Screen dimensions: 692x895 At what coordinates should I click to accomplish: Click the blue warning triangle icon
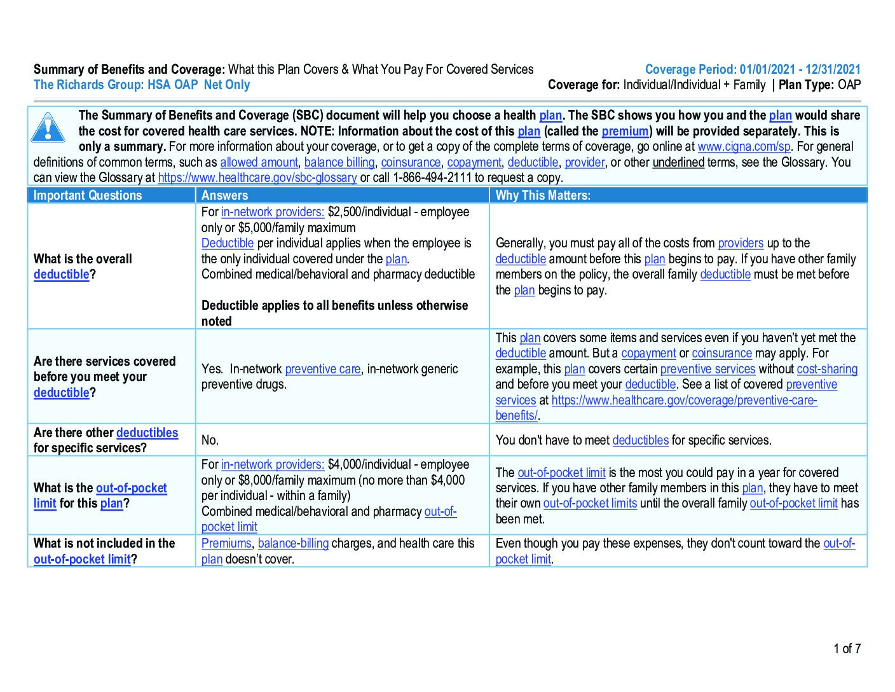pyautogui.click(x=48, y=127)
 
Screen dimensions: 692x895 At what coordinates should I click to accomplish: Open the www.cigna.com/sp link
pyautogui.click(x=744, y=147)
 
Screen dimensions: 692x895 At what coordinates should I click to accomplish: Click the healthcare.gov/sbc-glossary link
pyautogui.click(x=257, y=178)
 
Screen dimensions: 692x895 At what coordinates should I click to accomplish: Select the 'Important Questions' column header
pyautogui.click(x=88, y=195)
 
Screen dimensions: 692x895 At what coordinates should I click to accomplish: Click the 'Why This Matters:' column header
pyautogui.click(x=543, y=195)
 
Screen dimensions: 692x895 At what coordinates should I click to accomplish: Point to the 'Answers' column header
pyautogui.click(x=224, y=195)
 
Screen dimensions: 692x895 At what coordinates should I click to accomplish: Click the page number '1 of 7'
pyautogui.click(x=847, y=649)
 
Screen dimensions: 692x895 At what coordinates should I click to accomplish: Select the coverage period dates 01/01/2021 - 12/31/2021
pyautogui.click(x=800, y=70)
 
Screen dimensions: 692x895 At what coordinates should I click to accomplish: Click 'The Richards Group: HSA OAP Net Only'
pyautogui.click(x=142, y=85)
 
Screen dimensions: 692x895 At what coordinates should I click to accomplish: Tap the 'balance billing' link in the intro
pyautogui.click(x=339, y=163)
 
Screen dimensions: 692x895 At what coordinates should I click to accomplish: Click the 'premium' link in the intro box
pyautogui.click(x=625, y=132)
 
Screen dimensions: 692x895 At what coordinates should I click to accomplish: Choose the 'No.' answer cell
pyautogui.click(x=210, y=440)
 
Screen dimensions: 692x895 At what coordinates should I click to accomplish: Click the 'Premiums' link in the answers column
pyautogui.click(x=226, y=544)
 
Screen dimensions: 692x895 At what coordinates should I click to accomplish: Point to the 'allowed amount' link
pyautogui.click(x=259, y=163)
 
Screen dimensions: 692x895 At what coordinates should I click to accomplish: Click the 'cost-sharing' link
pyautogui.click(x=827, y=370)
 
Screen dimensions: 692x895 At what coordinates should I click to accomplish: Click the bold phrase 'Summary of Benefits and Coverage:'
pyautogui.click(x=129, y=70)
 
